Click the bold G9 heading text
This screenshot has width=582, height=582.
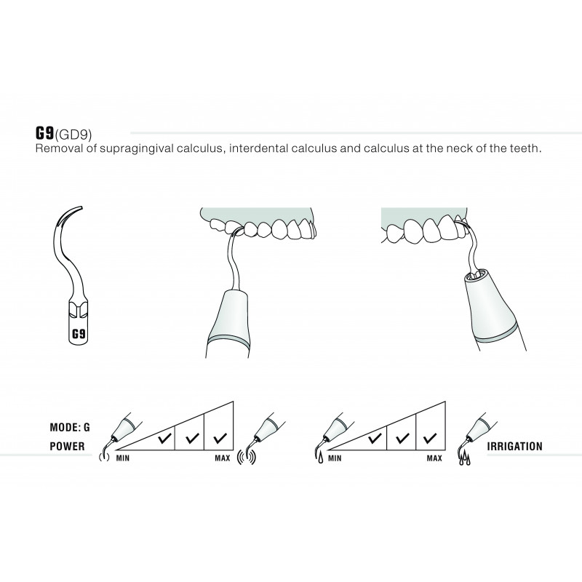(x=45, y=133)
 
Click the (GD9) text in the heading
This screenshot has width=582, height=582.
(x=73, y=135)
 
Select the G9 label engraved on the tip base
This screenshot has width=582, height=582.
(x=79, y=334)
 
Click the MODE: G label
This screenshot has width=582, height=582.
(x=70, y=427)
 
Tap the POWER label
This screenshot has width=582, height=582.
(x=67, y=446)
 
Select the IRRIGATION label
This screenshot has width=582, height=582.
(x=515, y=446)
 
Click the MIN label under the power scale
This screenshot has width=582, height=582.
(x=123, y=458)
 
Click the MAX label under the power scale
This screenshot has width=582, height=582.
(x=223, y=458)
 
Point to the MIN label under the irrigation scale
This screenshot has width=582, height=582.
(x=335, y=458)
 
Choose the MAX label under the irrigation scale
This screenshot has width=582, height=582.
(x=434, y=458)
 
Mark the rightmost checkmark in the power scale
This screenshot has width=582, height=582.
(x=220, y=438)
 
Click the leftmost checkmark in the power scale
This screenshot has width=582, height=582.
(x=164, y=438)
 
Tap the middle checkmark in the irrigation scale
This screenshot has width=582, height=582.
(x=402, y=438)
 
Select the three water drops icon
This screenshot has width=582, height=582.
(x=464, y=459)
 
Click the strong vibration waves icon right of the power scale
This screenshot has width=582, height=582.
(x=247, y=457)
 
